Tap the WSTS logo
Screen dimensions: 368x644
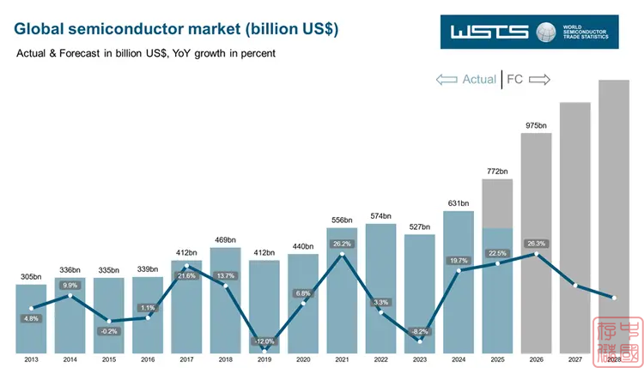coord(532,32)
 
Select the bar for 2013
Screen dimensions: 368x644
coord(31,317)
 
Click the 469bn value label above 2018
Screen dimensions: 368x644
coord(225,239)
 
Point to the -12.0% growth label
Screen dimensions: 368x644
coord(264,341)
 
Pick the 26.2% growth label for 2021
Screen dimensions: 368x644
coord(342,244)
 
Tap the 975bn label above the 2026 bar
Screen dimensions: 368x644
coord(536,125)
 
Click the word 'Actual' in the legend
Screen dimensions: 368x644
coord(479,79)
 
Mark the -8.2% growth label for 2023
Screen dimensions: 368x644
coord(420,331)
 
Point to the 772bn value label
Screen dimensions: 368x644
coord(497,172)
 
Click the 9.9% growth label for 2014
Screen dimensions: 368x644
coord(70,286)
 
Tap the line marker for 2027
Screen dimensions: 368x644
coord(575,286)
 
